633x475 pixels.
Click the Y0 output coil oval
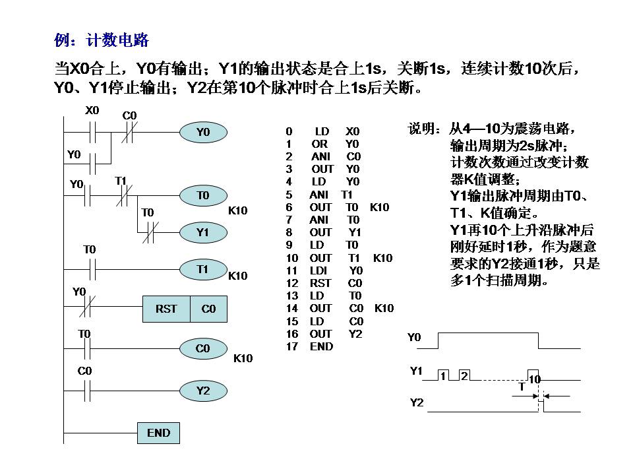point(202,133)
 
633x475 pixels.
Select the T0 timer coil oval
point(202,195)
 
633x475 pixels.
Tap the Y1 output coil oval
point(202,232)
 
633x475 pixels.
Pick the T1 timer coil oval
point(202,269)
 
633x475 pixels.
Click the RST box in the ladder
point(166,309)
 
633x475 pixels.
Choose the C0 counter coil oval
point(202,348)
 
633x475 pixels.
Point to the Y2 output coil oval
point(202,391)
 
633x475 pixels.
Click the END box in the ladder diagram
point(158,433)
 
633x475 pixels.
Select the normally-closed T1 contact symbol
point(123,196)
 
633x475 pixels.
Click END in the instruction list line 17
point(321,346)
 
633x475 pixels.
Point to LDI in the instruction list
point(319,270)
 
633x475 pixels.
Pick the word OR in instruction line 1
point(320,144)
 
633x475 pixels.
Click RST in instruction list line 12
point(320,283)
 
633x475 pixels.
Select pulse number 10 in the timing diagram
point(534,379)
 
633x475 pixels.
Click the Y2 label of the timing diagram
point(417,402)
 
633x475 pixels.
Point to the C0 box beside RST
point(208,309)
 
